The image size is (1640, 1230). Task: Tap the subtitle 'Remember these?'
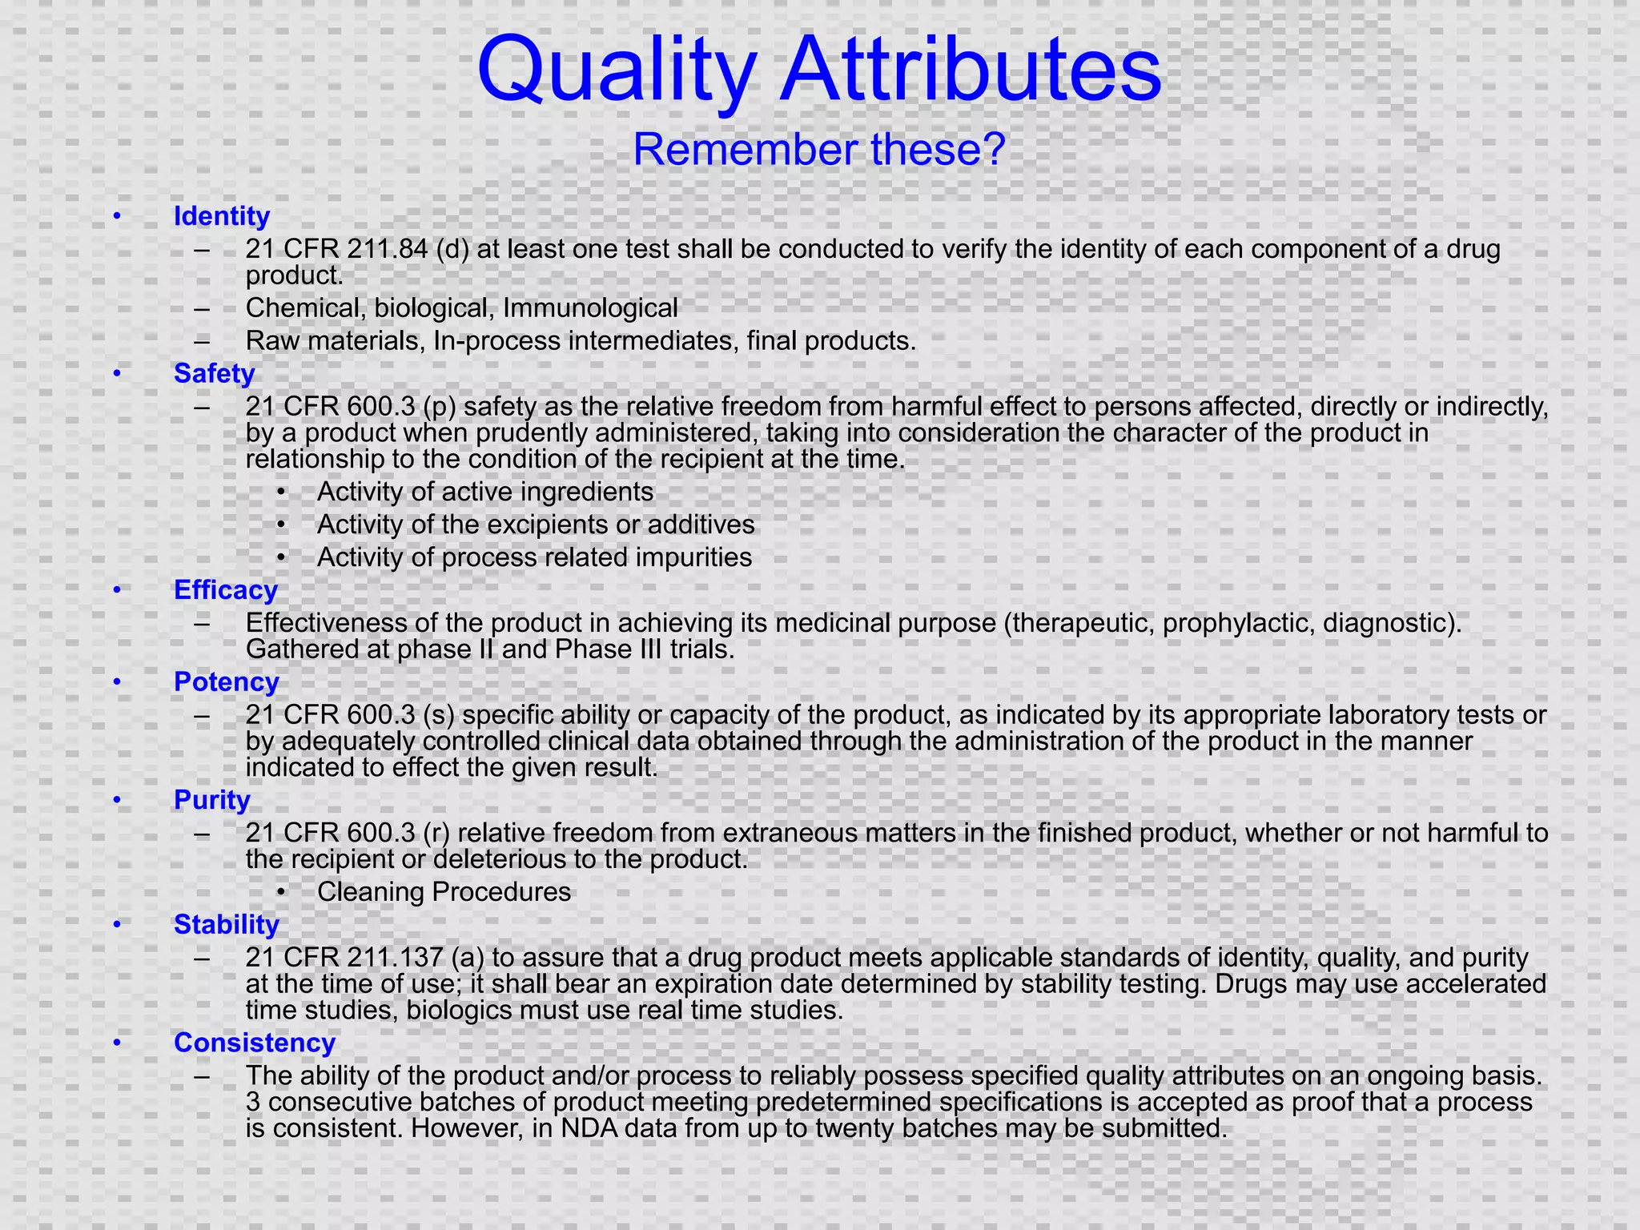coord(818,150)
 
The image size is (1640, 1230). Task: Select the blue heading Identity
coord(222,216)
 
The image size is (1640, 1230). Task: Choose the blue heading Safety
coord(214,373)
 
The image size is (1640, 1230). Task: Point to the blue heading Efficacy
coord(226,590)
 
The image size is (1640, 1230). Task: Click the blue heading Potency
coord(227,681)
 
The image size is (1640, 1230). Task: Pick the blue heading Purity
coord(212,800)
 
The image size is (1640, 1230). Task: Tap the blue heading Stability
coord(227,924)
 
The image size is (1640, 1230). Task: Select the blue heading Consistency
coord(255,1043)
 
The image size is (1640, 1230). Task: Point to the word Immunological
coord(590,307)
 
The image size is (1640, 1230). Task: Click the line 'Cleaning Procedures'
coord(444,892)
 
